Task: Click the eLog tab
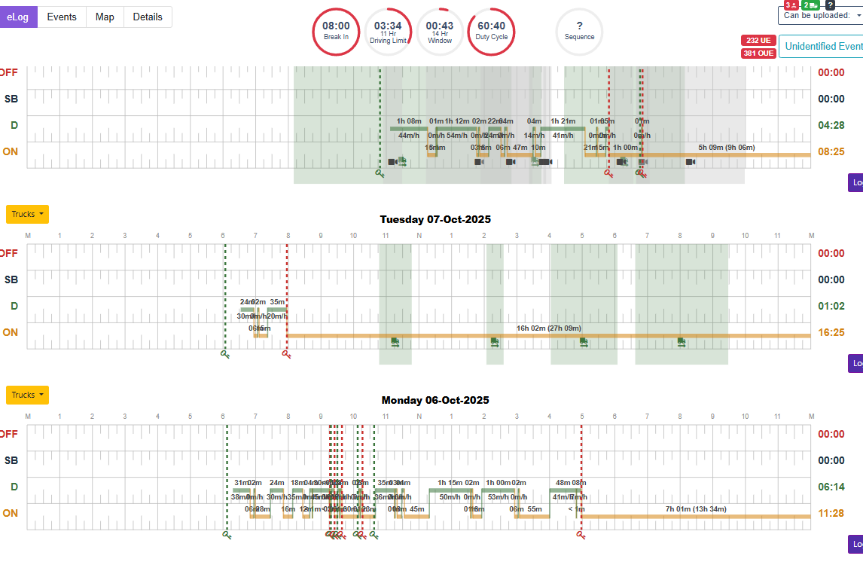pos(18,17)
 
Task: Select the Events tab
pos(62,17)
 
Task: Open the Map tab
pos(105,17)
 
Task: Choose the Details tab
pos(148,17)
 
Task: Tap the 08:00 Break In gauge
pos(336,31)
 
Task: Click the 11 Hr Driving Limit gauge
pos(388,31)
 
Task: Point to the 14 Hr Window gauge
pos(440,31)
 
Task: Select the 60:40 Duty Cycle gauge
pos(491,31)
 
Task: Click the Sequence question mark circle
pos(579,31)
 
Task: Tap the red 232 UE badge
pos(758,40)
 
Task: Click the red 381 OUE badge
pos(758,53)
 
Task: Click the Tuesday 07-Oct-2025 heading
pos(435,219)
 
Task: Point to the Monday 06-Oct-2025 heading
pos(435,400)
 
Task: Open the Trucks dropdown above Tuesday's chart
pos(27,214)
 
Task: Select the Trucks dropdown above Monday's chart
pos(27,395)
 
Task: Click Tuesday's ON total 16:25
pos(831,332)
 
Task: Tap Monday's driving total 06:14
pos(831,487)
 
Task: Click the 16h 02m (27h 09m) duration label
pos(549,328)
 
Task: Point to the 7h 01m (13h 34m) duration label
pos(697,508)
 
